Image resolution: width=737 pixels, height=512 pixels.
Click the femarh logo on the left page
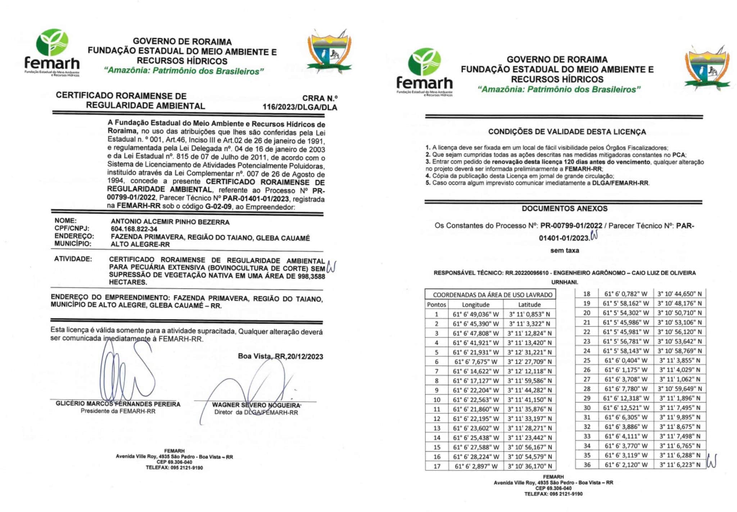[x=53, y=52]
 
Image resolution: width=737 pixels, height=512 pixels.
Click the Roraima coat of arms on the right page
[x=707, y=68]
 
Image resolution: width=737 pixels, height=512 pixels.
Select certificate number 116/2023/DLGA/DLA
[x=300, y=107]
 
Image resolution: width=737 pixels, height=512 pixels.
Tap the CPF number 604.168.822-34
[x=134, y=229]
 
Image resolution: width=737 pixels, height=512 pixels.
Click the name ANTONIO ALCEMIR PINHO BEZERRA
[x=170, y=222]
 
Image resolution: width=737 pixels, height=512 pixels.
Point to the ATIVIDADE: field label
[x=73, y=259]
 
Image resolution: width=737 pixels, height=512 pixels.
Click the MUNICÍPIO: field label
[x=73, y=244]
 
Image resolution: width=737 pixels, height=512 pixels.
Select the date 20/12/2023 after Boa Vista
[x=305, y=356]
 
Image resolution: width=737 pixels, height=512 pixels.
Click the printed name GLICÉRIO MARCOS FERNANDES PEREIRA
[x=118, y=404]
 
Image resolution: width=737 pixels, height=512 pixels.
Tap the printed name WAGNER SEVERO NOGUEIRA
[x=256, y=405]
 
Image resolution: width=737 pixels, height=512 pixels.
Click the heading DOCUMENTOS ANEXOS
[x=565, y=209]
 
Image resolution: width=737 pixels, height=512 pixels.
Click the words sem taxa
[x=565, y=251]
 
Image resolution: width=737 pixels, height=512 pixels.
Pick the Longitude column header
[x=476, y=305]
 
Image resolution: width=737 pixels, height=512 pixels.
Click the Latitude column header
[x=529, y=305]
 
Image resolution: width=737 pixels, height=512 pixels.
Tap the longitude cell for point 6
[x=476, y=362]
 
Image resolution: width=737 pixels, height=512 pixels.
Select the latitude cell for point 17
[x=529, y=466]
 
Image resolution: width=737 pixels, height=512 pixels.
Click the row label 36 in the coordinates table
[x=587, y=465]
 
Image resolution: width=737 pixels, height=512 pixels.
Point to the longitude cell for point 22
[x=626, y=332]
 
